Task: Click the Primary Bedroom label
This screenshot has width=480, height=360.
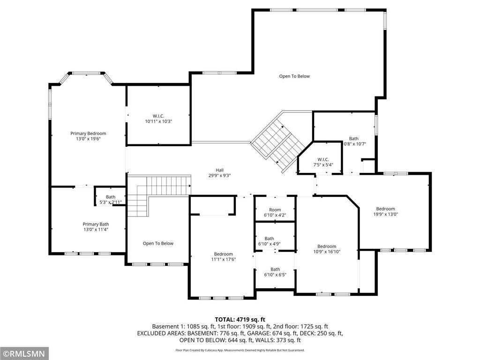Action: point(88,136)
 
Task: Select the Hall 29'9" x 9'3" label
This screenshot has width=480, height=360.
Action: point(219,173)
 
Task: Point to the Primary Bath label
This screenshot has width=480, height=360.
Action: point(96,227)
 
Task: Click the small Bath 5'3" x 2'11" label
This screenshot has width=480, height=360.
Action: point(111,200)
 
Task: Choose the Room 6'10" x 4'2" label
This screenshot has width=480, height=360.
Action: point(275,212)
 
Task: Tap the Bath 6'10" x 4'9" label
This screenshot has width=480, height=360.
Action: point(269,241)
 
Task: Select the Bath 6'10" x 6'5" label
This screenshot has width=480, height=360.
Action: point(275,272)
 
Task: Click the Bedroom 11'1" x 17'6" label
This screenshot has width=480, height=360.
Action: point(222,257)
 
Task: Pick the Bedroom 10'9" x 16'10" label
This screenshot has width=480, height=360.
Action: point(327,249)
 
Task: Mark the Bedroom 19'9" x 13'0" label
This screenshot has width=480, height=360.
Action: point(385,211)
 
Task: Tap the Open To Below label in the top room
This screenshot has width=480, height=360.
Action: point(294,76)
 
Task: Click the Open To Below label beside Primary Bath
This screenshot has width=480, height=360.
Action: point(158,243)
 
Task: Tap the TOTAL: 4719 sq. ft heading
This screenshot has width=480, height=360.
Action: point(240,319)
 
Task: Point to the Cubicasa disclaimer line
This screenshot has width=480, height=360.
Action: point(240,350)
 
